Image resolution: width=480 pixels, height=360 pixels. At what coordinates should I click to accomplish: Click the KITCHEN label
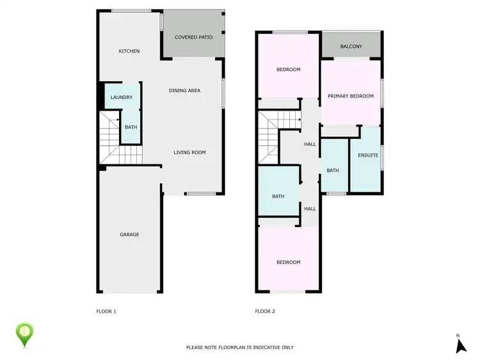(129, 51)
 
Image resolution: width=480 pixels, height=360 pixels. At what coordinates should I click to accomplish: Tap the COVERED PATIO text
(193, 37)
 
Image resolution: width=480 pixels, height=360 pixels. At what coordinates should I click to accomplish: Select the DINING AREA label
(184, 91)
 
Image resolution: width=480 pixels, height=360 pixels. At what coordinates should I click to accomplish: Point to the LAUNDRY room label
(121, 97)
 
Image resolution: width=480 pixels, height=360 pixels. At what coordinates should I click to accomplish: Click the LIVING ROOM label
(189, 152)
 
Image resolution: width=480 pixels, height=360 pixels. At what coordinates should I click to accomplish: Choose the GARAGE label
(129, 235)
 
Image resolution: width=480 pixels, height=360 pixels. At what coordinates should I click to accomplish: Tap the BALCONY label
(351, 47)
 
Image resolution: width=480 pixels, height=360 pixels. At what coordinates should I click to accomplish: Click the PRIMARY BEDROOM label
(350, 97)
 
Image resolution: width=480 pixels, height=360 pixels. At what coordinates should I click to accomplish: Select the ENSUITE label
(368, 155)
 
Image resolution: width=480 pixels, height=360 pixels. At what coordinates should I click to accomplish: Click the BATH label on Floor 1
(131, 127)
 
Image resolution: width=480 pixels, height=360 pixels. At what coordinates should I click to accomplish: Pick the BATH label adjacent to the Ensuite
(332, 171)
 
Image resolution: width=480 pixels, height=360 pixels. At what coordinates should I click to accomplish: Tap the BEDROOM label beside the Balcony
(288, 70)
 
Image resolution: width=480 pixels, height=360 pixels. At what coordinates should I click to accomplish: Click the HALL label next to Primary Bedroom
(310, 145)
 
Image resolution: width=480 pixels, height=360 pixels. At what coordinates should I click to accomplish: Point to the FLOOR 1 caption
(106, 311)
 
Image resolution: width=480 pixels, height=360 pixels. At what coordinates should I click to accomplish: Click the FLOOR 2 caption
(265, 311)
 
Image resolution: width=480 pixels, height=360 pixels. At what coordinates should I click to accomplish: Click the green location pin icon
(24, 333)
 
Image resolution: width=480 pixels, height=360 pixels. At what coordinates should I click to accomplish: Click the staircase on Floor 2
(269, 137)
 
